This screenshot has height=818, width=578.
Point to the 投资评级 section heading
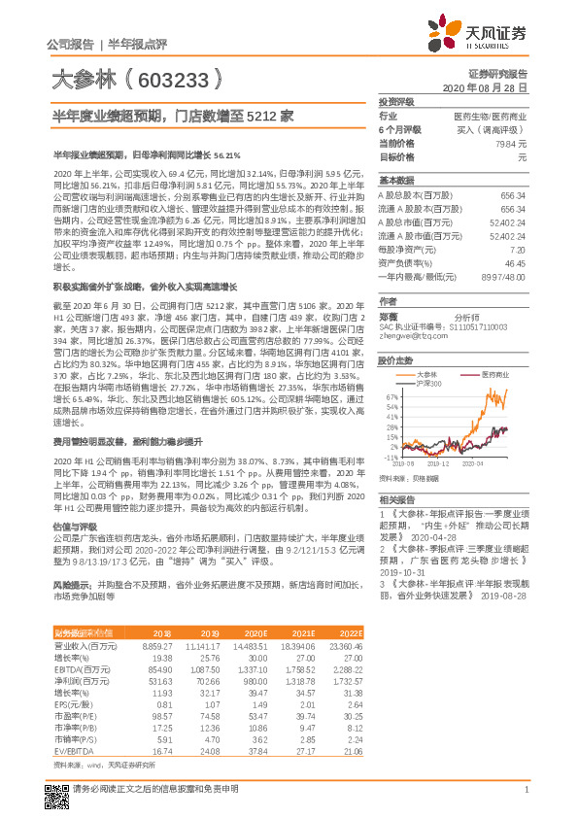pyautogui.click(x=396, y=101)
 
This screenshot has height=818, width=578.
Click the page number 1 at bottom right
pyautogui.click(x=525, y=801)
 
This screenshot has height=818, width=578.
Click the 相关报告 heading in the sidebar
pyautogui.click(x=395, y=498)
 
